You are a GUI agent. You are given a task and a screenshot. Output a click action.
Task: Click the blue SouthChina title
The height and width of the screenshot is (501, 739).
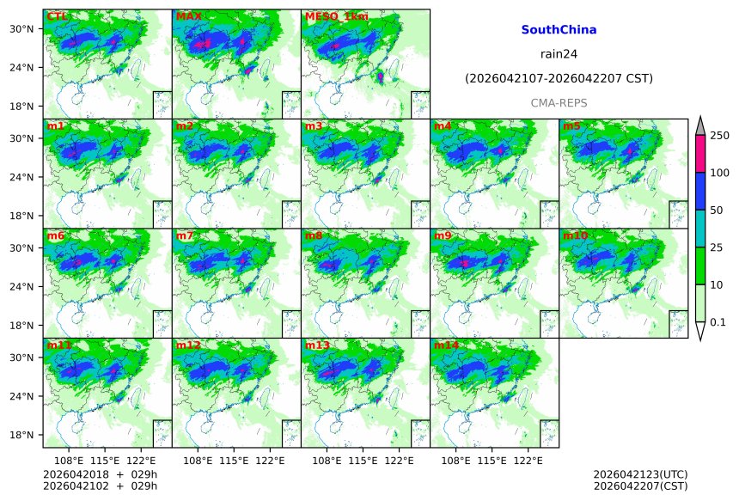click(559, 29)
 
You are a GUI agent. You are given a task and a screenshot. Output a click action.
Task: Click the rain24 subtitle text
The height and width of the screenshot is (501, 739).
click(559, 53)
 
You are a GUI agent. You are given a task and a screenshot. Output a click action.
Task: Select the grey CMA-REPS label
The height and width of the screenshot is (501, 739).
click(559, 102)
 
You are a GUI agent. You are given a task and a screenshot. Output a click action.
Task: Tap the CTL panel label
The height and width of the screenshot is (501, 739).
click(57, 16)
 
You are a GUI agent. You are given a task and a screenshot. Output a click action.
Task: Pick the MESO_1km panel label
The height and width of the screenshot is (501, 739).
click(336, 16)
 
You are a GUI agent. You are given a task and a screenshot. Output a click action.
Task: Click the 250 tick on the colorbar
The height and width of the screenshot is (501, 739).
click(719, 136)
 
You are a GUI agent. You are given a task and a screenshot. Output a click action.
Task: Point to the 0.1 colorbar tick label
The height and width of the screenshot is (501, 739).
click(719, 322)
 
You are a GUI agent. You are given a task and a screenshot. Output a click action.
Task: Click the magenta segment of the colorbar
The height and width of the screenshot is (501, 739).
click(699, 154)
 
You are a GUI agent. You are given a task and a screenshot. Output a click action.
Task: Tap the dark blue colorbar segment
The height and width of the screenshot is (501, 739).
click(699, 191)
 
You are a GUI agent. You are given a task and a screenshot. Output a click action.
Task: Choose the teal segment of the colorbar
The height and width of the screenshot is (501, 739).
click(699, 229)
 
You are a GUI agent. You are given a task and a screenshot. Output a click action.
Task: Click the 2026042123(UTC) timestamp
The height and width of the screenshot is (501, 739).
click(640, 474)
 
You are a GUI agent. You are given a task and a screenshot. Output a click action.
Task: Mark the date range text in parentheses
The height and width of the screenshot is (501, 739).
click(559, 78)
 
